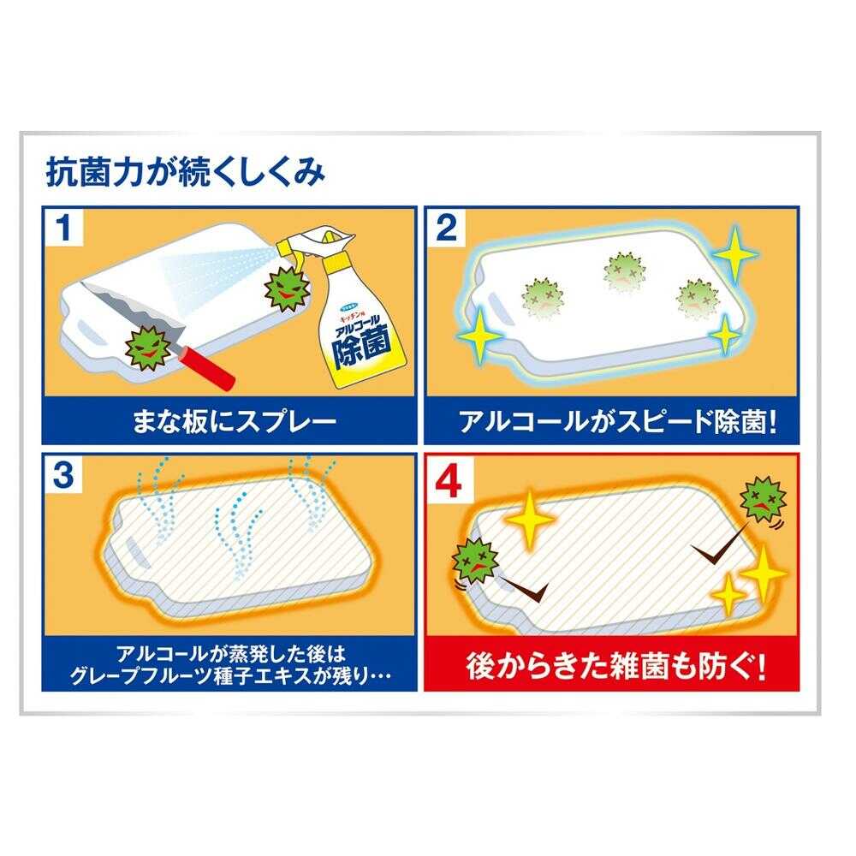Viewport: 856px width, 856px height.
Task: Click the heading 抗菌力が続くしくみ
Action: (186, 172)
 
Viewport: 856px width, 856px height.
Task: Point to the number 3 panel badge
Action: (63, 474)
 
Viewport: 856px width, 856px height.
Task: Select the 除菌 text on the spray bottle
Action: (362, 346)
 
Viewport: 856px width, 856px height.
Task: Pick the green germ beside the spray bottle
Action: (288, 288)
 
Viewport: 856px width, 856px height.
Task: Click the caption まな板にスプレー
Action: (235, 422)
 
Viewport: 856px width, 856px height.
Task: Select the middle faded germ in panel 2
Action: (624, 272)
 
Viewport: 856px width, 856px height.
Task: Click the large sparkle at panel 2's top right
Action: (734, 254)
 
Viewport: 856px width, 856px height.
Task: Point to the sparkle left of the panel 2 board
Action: (480, 336)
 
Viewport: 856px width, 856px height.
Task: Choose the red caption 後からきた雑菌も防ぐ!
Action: (615, 667)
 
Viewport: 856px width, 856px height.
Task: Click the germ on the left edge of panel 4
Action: (475, 561)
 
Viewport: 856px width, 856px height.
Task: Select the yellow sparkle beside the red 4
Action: (529, 519)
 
